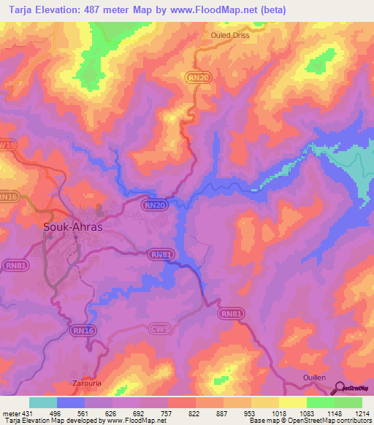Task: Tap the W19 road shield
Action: coord(7,145)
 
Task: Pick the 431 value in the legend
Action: coord(24,414)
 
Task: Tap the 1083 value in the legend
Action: coord(305,414)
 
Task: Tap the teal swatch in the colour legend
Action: coord(43,402)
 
